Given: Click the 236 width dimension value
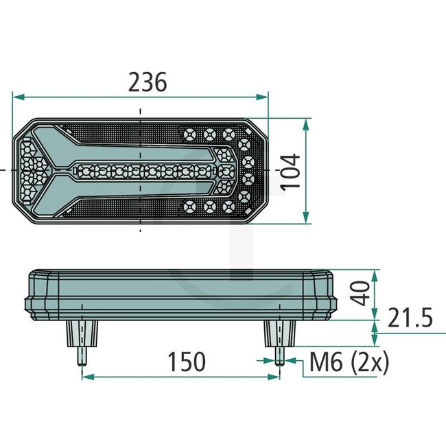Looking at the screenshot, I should point(148,82).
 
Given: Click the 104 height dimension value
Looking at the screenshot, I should point(292,170).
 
